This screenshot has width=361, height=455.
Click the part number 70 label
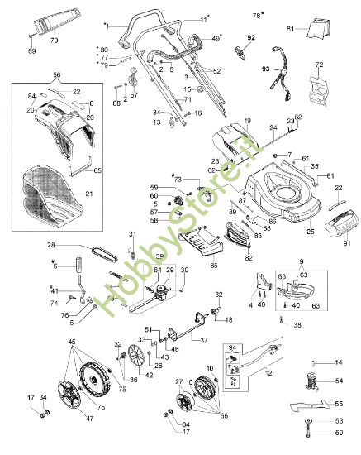(x=54, y=39)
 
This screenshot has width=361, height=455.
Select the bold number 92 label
(x=250, y=38)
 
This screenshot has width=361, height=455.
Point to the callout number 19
(x=246, y=121)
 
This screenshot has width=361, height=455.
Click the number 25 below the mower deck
(x=310, y=231)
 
